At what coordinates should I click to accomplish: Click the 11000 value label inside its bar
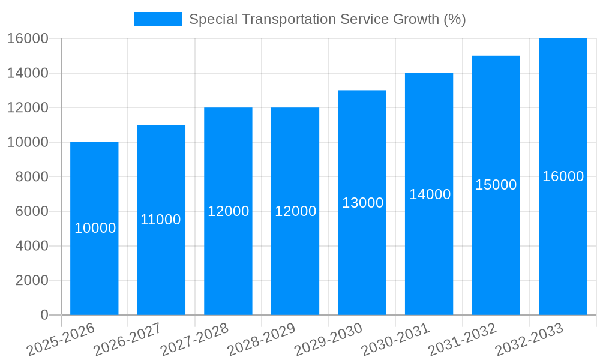click(x=161, y=220)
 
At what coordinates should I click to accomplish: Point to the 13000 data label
click(x=362, y=203)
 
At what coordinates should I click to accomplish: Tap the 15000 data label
click(x=496, y=185)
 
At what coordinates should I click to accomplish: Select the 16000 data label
click(x=563, y=176)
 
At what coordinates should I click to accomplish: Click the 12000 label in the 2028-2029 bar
click(x=295, y=211)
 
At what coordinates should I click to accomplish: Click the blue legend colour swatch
click(x=157, y=19)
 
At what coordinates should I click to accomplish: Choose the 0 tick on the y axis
click(x=44, y=315)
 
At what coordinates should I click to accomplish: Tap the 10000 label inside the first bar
click(x=95, y=228)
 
